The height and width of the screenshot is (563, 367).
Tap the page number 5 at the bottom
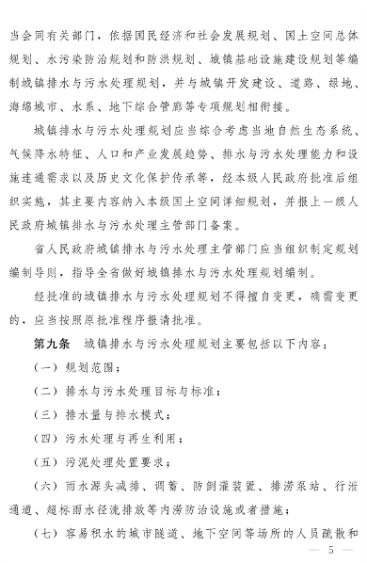click(x=331, y=551)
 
